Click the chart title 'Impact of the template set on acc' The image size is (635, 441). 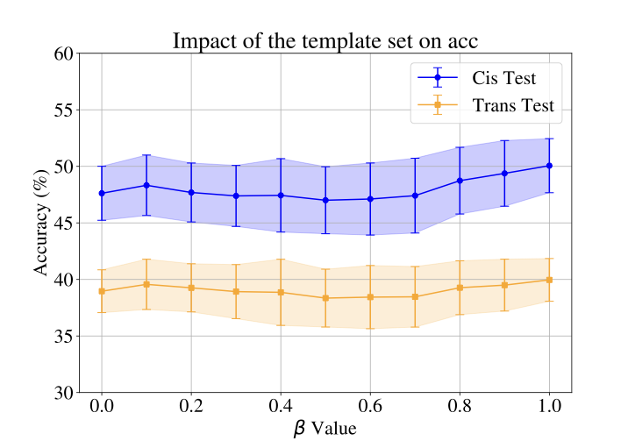point(325,40)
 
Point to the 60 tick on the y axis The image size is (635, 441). point(63,53)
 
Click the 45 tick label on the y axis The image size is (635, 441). point(63,223)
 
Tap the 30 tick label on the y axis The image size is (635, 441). point(63,393)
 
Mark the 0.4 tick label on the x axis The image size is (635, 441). point(281,409)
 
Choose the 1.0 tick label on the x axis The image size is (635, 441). point(549,409)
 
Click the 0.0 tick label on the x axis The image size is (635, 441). point(102,409)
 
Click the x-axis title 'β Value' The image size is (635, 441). point(325,428)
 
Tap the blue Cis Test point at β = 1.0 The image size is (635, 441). point(549,166)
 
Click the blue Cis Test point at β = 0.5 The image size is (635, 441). point(325,200)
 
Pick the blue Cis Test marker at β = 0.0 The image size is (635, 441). point(102,193)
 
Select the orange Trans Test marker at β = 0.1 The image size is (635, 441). point(146,284)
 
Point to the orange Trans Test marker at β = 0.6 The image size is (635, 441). point(370,297)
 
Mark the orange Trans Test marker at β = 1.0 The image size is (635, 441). point(549,280)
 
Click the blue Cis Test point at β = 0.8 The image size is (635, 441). point(460,181)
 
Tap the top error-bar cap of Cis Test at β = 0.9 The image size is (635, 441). point(504,140)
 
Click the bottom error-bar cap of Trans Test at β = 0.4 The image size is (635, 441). point(281,325)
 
